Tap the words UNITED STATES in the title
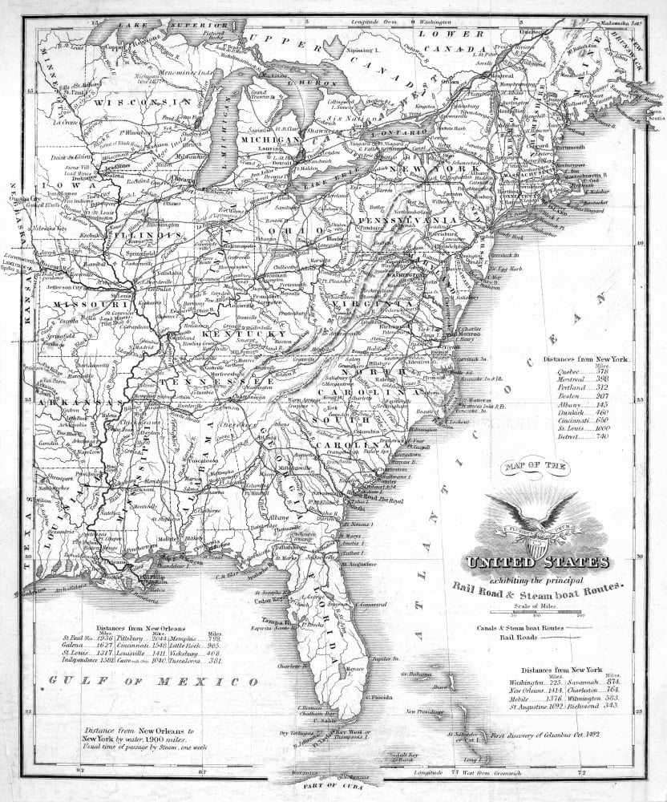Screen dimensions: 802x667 click(x=539, y=562)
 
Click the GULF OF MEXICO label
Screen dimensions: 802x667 click(x=153, y=681)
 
